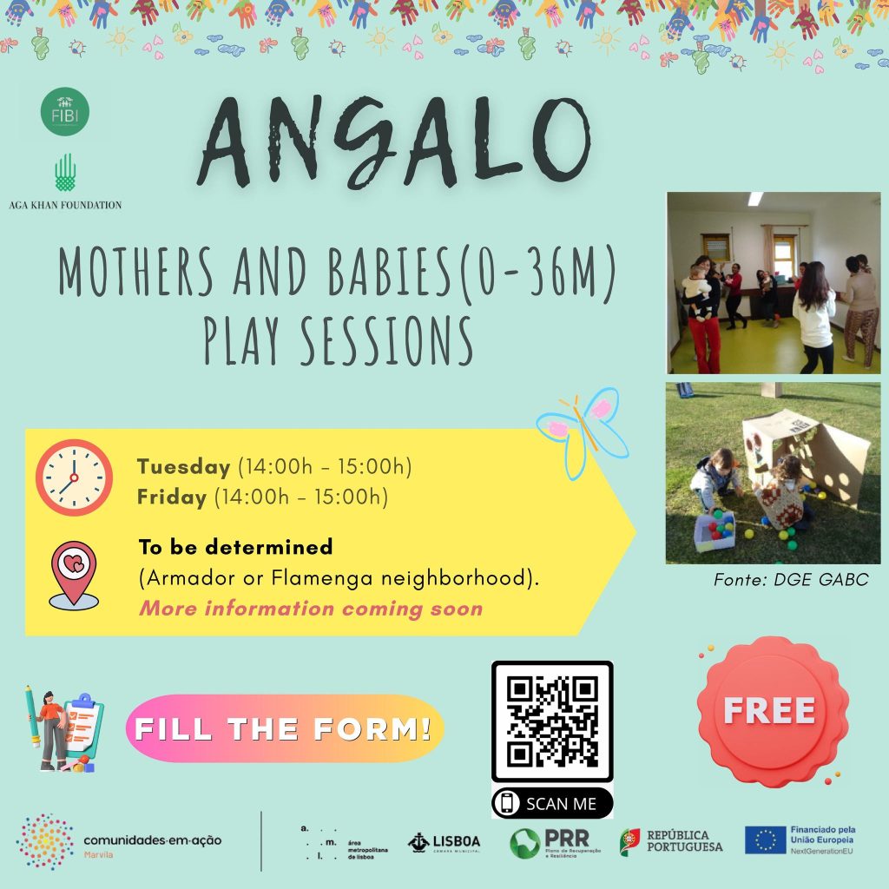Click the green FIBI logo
pos(65,111)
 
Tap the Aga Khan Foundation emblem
pos(66,173)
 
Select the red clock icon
pos(74,477)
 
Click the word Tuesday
pos(182,466)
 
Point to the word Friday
pos(172,497)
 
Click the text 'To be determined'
pos(235,548)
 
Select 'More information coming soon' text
pos(311,608)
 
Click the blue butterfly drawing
pos(583,429)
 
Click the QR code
pos(552,722)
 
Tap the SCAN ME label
pos(552,804)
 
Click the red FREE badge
pos(771,711)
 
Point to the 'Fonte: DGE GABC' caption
pos(790,579)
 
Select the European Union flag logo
pos(765,840)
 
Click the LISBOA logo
pos(444,841)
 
